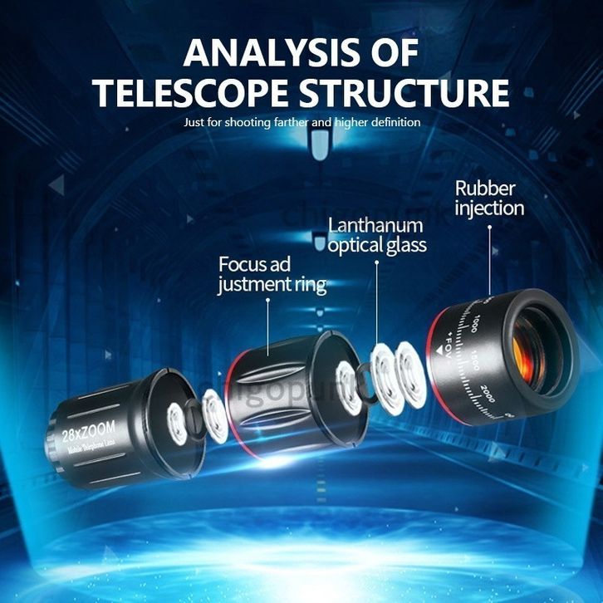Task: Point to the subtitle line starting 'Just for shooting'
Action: click(x=302, y=122)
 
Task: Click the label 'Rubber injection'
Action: click(x=488, y=196)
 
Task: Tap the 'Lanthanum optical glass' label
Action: click(x=376, y=234)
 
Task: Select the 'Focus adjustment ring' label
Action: click(x=272, y=275)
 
